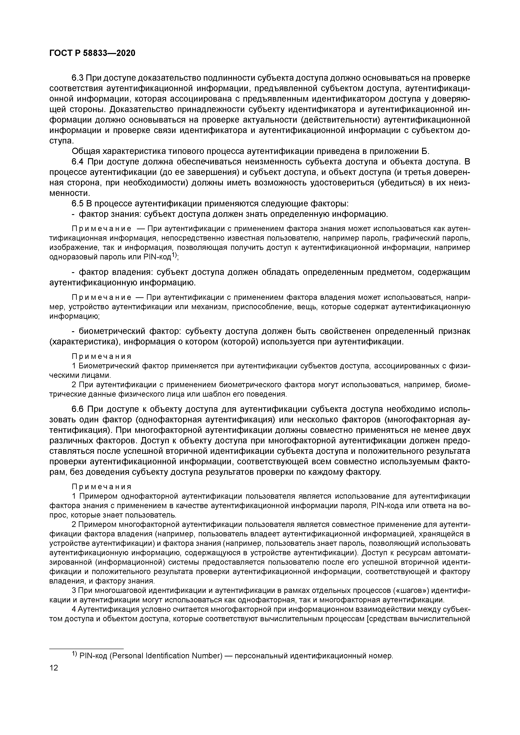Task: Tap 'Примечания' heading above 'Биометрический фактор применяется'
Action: pos(101,357)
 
